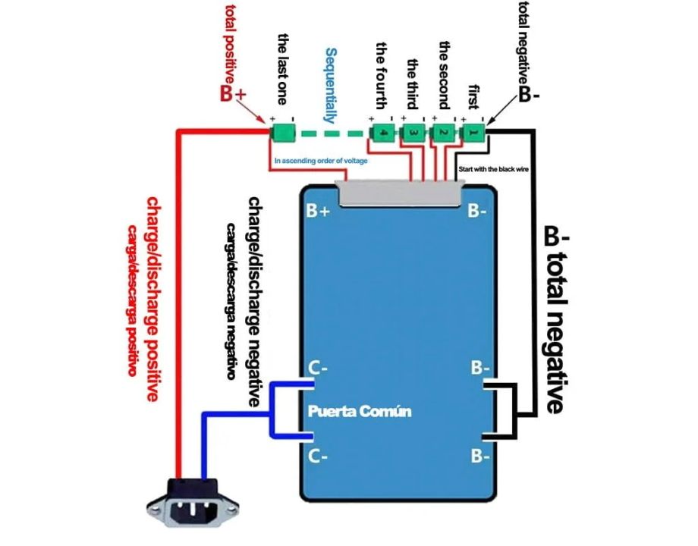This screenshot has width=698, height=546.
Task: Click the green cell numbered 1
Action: pos(472,133)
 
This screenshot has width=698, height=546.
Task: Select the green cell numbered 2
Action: pos(442,133)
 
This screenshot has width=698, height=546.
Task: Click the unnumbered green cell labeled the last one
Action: pos(284,133)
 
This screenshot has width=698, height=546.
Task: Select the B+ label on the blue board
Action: pos(318,211)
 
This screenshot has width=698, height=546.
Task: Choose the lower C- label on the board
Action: pos(319,456)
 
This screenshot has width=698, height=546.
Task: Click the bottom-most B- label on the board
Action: pos(479,456)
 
